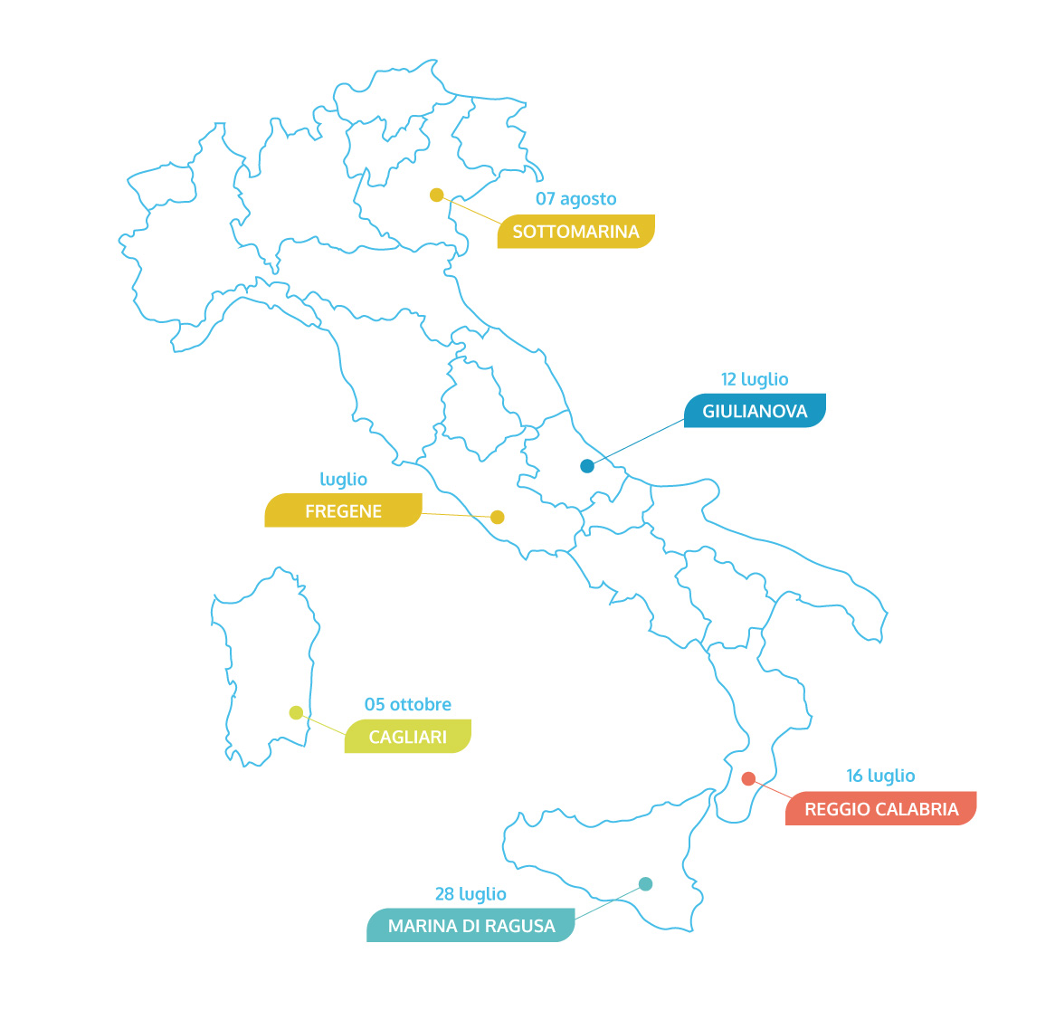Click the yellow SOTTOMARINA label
[x=575, y=232]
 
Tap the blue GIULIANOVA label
[x=755, y=411]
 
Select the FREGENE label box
[x=343, y=510]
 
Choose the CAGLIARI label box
[x=408, y=737]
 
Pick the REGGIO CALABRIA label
[x=880, y=809]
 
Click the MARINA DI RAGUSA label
[x=470, y=926]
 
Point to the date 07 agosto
[x=575, y=199]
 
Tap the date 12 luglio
[x=755, y=379]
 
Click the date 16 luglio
[x=880, y=776]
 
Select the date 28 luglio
[x=470, y=894]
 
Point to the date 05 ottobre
[x=408, y=704]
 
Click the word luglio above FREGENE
[x=343, y=479]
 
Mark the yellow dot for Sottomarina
[x=436, y=195]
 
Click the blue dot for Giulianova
[x=587, y=466]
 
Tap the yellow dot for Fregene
[x=497, y=517]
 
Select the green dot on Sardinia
[x=296, y=712]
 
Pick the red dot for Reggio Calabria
[x=748, y=778]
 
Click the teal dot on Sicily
[x=645, y=883]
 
